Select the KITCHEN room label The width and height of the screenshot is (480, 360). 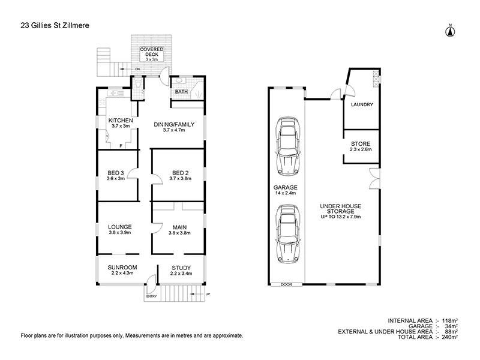click(120, 121)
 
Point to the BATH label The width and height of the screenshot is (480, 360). click(181, 92)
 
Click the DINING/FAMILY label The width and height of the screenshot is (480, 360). click(173, 124)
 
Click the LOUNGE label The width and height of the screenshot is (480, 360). click(119, 227)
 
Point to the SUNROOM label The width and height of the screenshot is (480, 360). click(122, 267)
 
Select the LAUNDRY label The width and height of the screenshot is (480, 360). click(362, 104)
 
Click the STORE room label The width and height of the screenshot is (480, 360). click(361, 144)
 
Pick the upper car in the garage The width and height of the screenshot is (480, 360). click(288, 145)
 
